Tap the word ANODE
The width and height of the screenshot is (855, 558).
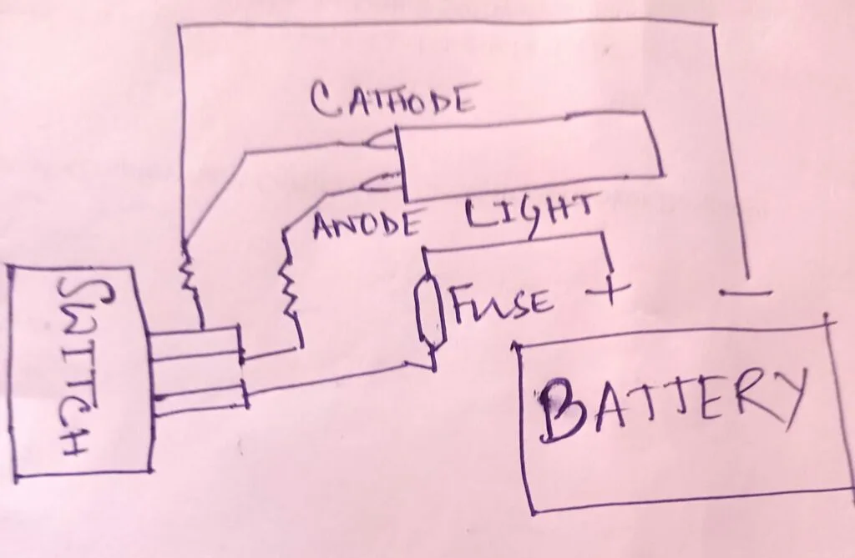click(367, 225)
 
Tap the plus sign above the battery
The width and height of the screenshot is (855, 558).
click(608, 292)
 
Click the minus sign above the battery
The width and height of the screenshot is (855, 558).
click(746, 293)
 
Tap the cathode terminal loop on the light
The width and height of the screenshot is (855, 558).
click(382, 140)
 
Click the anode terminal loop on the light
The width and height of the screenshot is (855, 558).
click(382, 183)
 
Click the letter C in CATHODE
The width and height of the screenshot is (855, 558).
click(326, 101)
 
